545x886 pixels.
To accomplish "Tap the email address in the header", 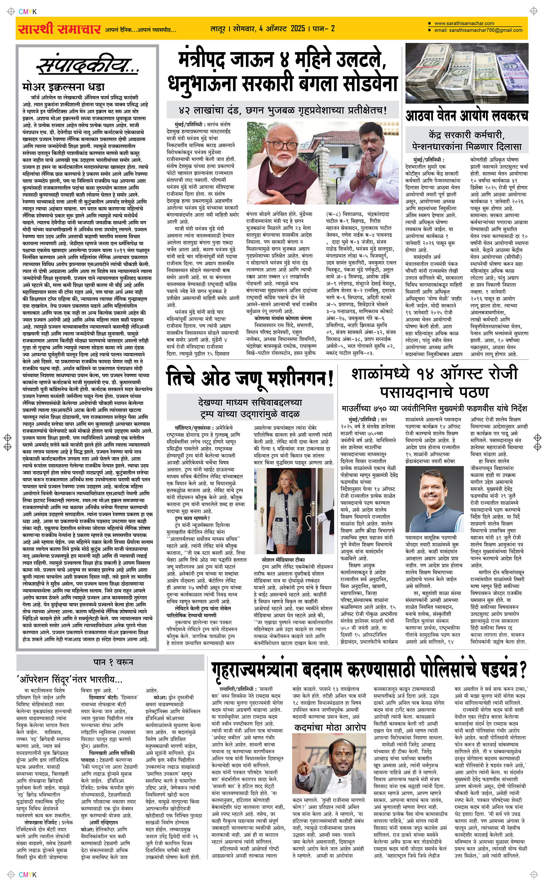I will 478,30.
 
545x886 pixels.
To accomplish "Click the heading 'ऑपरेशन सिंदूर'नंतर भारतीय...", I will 69,680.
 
